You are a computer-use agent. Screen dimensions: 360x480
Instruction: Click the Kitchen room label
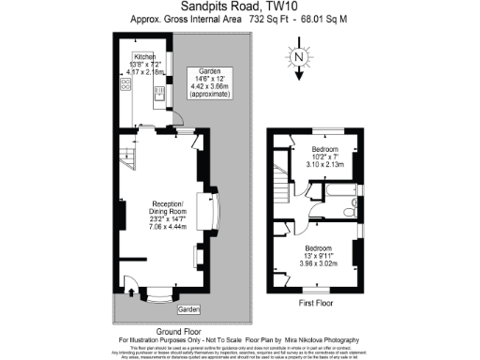143,57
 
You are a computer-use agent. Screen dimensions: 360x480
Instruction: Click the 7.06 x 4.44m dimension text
169,226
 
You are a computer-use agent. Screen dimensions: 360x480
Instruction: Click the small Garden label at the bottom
189,308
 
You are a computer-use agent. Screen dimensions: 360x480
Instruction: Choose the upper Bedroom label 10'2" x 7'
325,155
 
